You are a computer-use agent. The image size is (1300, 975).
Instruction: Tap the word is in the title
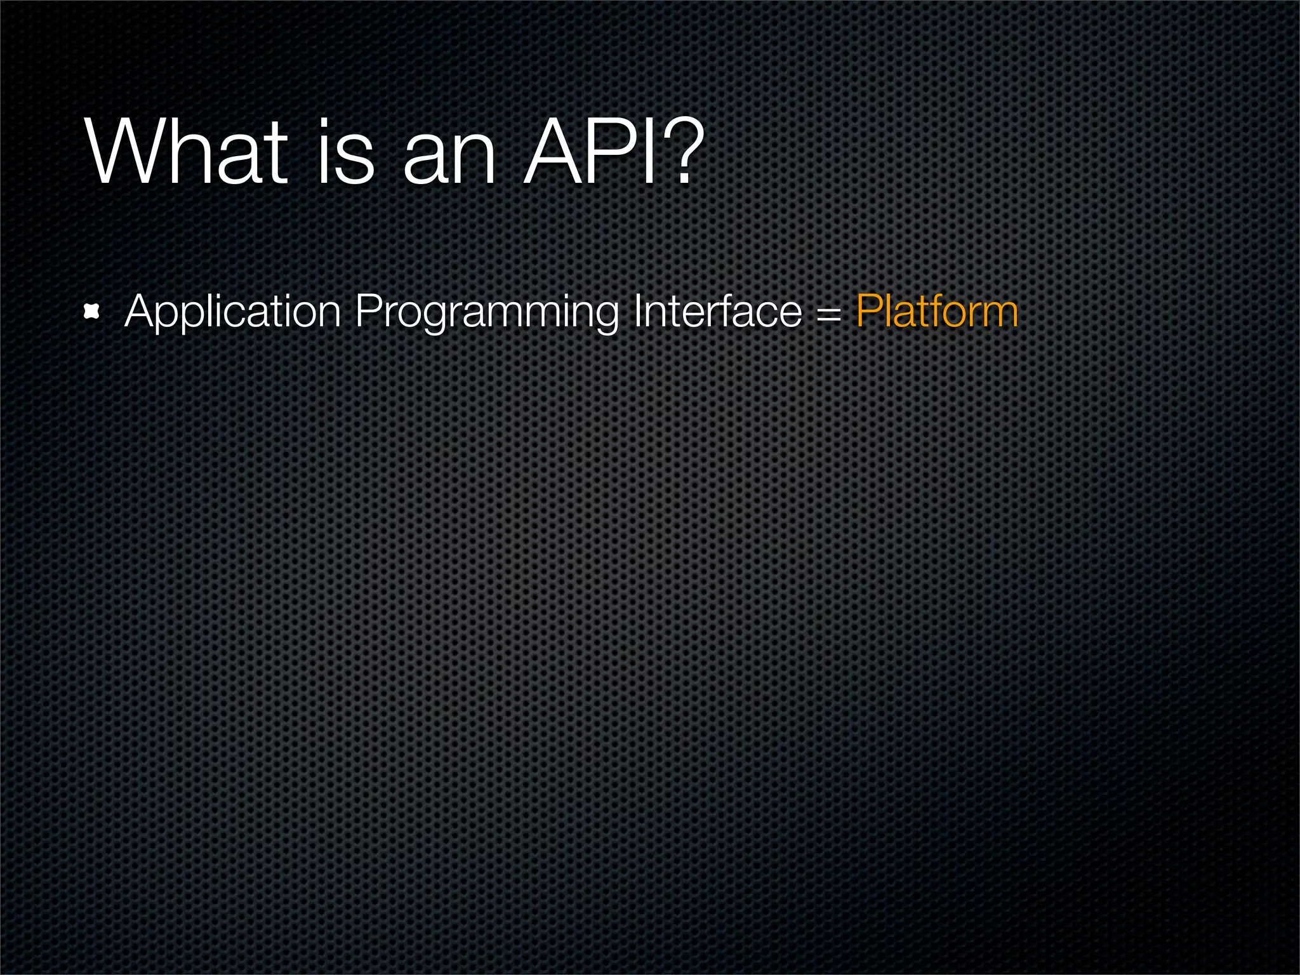coord(346,154)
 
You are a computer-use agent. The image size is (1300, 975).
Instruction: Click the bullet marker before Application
coord(93,312)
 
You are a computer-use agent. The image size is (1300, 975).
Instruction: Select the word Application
coord(233,312)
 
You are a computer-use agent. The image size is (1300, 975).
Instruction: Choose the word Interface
coord(717,312)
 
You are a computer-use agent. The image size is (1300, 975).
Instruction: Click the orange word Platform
coord(937,312)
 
